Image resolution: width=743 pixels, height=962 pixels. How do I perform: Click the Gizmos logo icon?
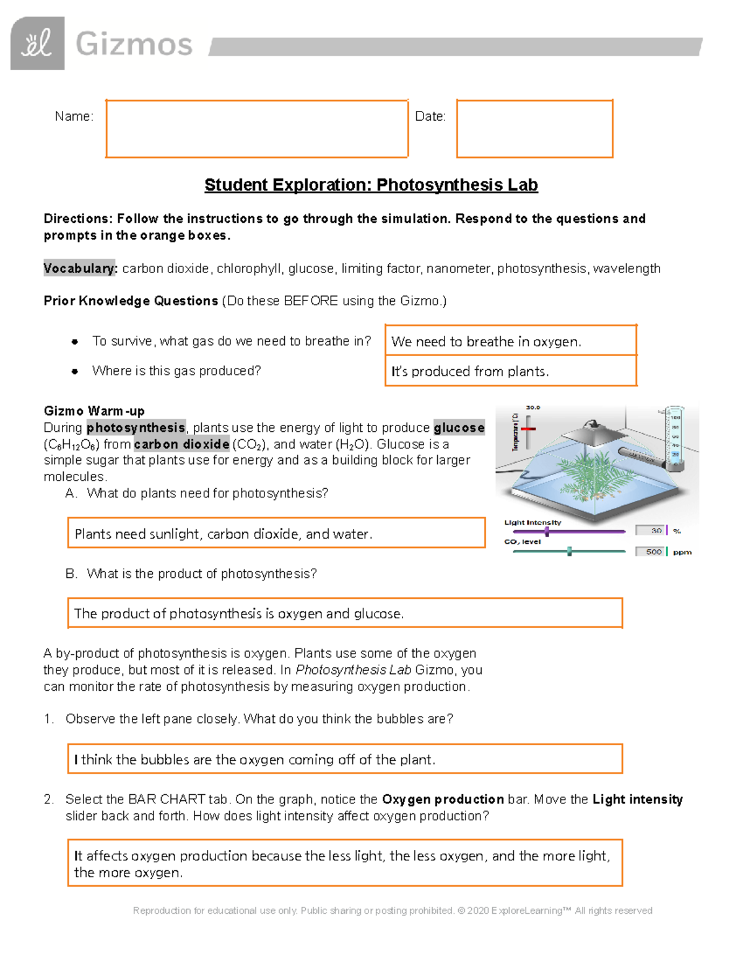[x=37, y=43]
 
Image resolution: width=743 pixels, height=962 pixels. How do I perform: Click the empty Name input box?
[x=256, y=128]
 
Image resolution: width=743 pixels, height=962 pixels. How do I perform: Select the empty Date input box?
[x=534, y=128]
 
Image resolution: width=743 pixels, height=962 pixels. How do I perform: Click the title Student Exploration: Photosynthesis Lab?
[x=371, y=185]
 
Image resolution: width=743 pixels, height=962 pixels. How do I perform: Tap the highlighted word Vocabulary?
[x=80, y=268]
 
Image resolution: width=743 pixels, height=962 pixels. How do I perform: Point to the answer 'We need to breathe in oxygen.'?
[x=486, y=341]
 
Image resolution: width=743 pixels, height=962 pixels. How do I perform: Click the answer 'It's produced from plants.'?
[x=470, y=371]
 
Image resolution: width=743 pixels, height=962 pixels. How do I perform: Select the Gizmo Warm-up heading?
[x=94, y=411]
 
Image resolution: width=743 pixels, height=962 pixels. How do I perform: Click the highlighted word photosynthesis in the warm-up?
[x=136, y=427]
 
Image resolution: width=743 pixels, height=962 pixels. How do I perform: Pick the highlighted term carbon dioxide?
[x=181, y=444]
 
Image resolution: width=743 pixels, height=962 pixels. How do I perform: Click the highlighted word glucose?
[x=459, y=427]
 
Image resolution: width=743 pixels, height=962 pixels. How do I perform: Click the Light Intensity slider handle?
[x=547, y=531]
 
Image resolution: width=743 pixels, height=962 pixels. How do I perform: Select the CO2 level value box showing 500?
[x=650, y=551]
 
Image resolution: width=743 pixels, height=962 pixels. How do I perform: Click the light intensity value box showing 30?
[x=650, y=530]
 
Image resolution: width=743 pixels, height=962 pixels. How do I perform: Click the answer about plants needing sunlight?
[x=224, y=534]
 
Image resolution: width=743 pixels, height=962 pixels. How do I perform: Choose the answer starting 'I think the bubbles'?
[x=254, y=759]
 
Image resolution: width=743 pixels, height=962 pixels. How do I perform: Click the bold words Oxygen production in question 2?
[x=443, y=799]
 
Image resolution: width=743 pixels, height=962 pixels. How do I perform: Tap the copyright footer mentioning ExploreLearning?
[x=393, y=911]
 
